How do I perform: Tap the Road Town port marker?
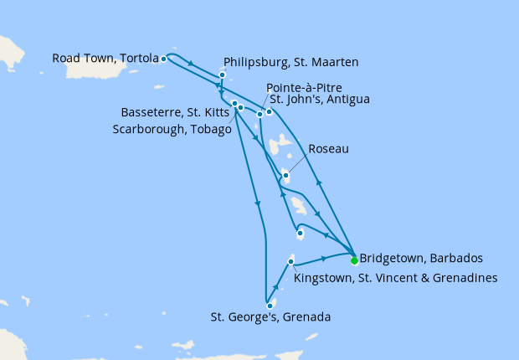pyautogui.click(x=163, y=59)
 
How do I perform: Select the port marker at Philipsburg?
pyautogui.click(x=222, y=75)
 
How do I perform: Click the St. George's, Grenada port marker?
pyautogui.click(x=270, y=306)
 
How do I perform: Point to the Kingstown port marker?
pyautogui.click(x=290, y=262)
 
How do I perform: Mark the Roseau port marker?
pyautogui.click(x=285, y=175)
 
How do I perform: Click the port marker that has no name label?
pyautogui.click(x=300, y=233)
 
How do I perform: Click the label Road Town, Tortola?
pyautogui.click(x=105, y=59)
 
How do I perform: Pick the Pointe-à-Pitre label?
pyautogui.click(x=304, y=88)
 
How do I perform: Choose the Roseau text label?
pyautogui.click(x=329, y=149)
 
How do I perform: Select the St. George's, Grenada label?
pyautogui.click(x=270, y=317)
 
